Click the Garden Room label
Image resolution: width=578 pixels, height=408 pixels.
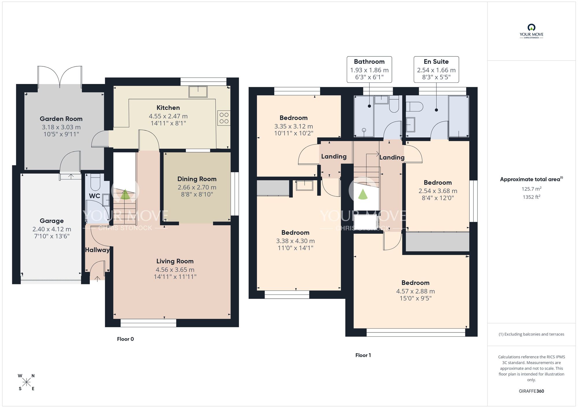pyautogui.click(x=61, y=119)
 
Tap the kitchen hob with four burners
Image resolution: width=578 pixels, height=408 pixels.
pyautogui.click(x=224, y=118)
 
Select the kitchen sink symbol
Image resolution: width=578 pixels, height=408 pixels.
pyautogui.click(x=198, y=92)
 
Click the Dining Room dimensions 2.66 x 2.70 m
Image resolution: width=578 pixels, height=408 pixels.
pyautogui.click(x=197, y=187)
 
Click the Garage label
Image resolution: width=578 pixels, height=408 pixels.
pyautogui.click(x=52, y=221)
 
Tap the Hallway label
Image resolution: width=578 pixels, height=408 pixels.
pyautogui.click(x=97, y=250)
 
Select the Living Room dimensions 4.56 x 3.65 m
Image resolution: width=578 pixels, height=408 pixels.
pyautogui.click(x=175, y=270)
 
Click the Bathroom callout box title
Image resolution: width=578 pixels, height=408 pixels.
pyautogui.click(x=369, y=61)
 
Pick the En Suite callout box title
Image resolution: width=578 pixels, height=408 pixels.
pyautogui.click(x=436, y=61)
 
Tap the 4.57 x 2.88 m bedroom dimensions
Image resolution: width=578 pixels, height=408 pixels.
pyautogui.click(x=415, y=291)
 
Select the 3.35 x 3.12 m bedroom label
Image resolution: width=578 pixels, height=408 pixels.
pyautogui.click(x=293, y=118)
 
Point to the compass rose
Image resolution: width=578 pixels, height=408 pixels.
pyautogui.click(x=27, y=382)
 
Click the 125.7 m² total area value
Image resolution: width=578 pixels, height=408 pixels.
pyautogui.click(x=531, y=189)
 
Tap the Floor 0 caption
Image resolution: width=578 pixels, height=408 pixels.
pyautogui.click(x=125, y=339)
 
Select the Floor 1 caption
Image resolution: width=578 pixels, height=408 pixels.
pyautogui.click(x=363, y=355)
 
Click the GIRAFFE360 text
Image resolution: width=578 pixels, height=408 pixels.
pyautogui.click(x=531, y=391)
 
